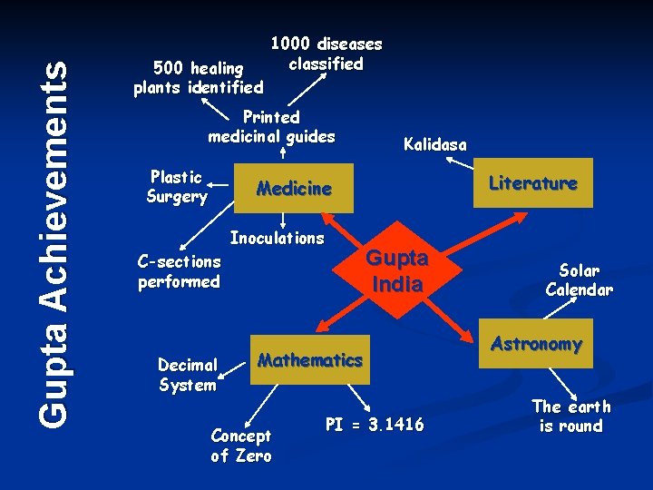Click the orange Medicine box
(294, 189)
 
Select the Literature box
(533, 183)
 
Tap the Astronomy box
(537, 344)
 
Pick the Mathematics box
(310, 359)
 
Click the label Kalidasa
(435, 145)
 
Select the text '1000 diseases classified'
(326, 54)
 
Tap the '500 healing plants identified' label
(198, 78)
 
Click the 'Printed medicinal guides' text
(272, 127)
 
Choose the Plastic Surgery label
(177, 186)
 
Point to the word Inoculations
(277, 239)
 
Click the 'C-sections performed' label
(179, 271)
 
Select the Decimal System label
(187, 375)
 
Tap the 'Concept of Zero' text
(240, 446)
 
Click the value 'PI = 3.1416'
(374, 425)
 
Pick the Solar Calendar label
(579, 280)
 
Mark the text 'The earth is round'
(570, 416)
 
